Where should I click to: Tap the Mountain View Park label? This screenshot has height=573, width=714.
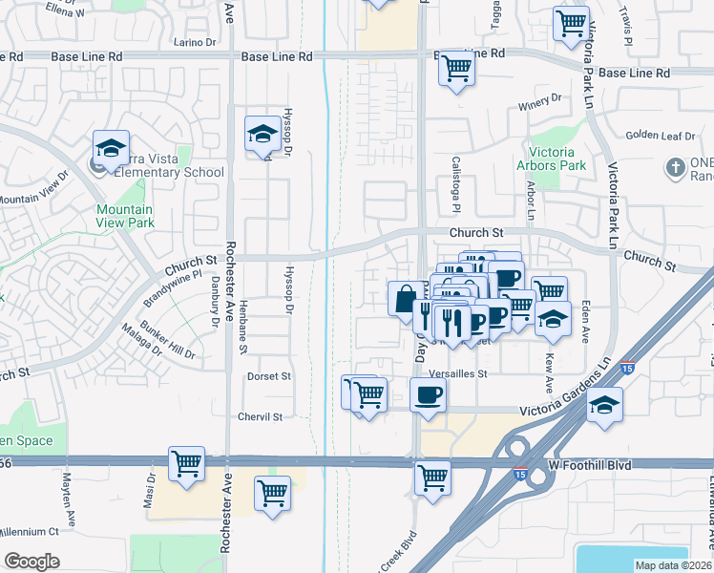click(x=124, y=216)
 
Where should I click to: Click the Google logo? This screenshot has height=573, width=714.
click(x=31, y=562)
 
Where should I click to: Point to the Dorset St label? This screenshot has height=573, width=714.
click(x=268, y=376)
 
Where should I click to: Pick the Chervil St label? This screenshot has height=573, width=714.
click(x=261, y=416)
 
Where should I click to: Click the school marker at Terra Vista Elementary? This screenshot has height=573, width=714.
click(x=111, y=149)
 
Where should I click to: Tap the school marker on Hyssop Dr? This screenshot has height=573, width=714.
click(x=262, y=134)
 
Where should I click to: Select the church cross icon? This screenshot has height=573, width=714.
click(x=676, y=167)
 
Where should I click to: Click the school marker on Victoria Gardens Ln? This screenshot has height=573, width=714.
click(x=604, y=405)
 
